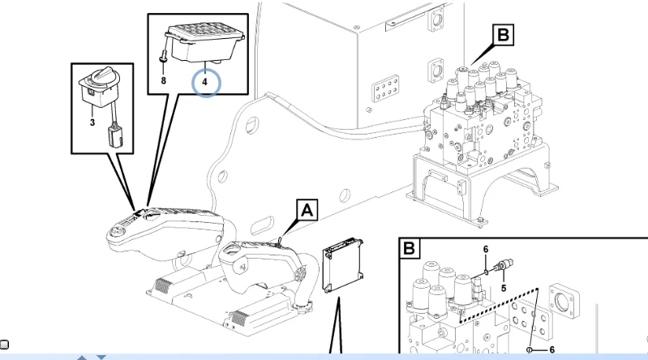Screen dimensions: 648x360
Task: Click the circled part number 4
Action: click(204, 82)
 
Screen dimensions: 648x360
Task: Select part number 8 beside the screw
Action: click(163, 80)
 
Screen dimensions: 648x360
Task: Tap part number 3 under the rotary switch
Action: click(92, 122)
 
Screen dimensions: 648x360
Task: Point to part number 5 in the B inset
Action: click(504, 288)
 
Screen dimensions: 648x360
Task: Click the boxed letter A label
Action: click(307, 210)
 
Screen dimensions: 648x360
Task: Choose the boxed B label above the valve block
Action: click(503, 35)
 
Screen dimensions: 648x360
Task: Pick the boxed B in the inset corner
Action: click(409, 248)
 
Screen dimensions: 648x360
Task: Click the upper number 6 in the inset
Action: click(486, 249)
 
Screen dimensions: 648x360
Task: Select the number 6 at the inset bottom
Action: click(551, 349)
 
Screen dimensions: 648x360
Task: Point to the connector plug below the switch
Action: click(115, 135)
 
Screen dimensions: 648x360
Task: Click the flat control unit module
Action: click(343, 265)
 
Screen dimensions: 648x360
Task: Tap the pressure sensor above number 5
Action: click(502, 265)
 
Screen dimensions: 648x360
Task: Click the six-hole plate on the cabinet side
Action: click(385, 88)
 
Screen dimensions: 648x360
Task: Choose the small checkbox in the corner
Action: click(5, 345)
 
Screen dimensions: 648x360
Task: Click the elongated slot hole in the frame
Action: click(262, 225)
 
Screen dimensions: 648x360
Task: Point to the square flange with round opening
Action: click(564, 302)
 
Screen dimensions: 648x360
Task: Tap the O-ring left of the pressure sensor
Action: click(486, 272)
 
